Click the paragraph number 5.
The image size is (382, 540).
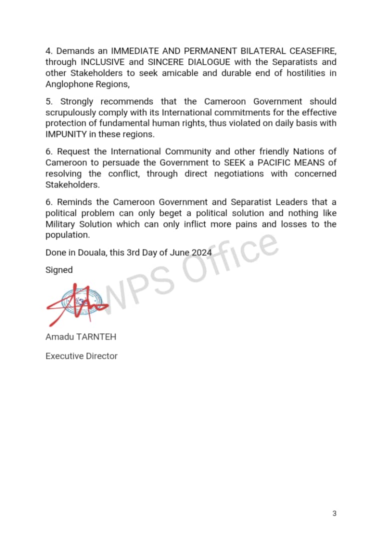48,101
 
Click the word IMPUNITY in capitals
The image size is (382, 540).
66,134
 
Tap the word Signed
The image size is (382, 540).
59,270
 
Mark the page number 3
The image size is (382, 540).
334,513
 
